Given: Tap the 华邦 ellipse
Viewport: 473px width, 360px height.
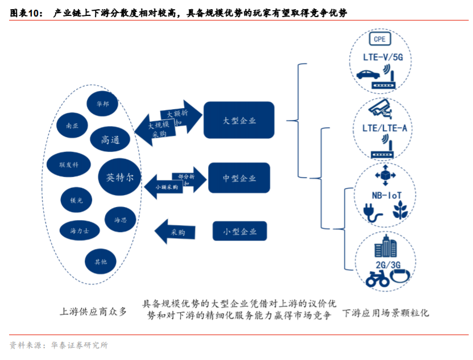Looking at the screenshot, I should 102,105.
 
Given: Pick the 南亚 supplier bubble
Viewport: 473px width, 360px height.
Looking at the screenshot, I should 73,126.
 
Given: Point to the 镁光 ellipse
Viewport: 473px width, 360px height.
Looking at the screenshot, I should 76,200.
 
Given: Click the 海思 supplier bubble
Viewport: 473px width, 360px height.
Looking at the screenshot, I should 121,220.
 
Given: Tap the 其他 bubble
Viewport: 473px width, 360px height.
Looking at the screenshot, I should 100,261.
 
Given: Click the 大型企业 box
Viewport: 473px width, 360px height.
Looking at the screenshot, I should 239,121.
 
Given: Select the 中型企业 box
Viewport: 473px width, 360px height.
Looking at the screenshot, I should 239,178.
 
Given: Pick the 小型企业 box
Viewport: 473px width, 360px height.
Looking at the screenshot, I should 239,231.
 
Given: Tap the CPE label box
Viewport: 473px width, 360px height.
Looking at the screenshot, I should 379,39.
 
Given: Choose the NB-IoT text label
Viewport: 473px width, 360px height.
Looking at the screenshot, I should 385,195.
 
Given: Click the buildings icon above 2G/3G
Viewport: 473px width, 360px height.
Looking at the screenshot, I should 385,248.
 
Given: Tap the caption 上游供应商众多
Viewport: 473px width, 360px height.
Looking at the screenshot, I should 93,312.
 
